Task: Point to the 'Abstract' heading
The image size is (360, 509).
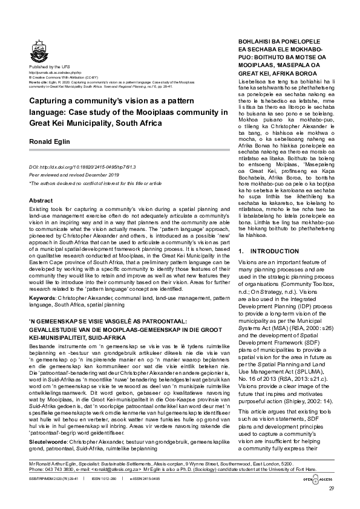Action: (x=41, y=200)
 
